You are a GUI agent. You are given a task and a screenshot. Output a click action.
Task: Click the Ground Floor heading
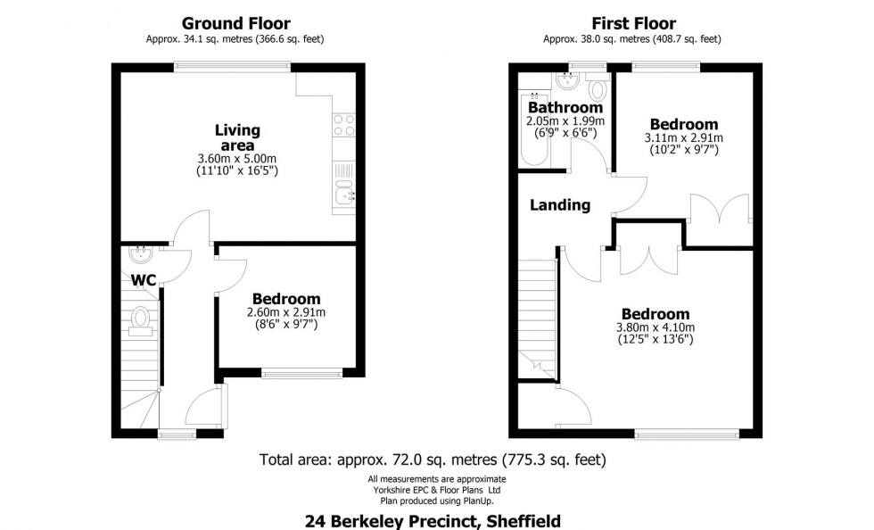pyautogui.click(x=235, y=23)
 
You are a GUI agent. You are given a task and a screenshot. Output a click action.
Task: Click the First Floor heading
pyautogui.click(x=632, y=23)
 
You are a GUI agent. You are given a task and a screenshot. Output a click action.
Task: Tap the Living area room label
pyautogui.click(x=236, y=138)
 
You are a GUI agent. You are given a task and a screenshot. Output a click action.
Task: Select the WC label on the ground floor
pyautogui.click(x=144, y=280)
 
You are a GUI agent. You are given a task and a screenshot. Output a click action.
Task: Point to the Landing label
pyautogui.click(x=560, y=205)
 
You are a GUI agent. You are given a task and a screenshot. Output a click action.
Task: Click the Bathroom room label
pyautogui.click(x=565, y=108)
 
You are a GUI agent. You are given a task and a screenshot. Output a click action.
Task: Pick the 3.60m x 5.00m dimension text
pyautogui.click(x=236, y=159)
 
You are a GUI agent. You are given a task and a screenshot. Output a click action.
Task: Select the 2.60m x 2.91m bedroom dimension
pyautogui.click(x=285, y=312)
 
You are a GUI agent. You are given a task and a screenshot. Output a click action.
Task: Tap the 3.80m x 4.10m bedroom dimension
pyautogui.click(x=655, y=327)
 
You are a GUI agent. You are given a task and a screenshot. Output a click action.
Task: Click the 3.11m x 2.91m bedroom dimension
pyautogui.click(x=683, y=138)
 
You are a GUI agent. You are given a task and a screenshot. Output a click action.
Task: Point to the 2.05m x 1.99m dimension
pyautogui.click(x=565, y=121)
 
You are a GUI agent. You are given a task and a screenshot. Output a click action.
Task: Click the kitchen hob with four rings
pyautogui.click(x=343, y=126)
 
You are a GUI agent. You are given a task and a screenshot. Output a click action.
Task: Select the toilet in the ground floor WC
pyautogui.click(x=140, y=319)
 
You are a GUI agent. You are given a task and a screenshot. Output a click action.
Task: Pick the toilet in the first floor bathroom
pyautogui.click(x=598, y=88)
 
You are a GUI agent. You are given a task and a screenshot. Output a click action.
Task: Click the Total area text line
pyautogui.click(x=433, y=460)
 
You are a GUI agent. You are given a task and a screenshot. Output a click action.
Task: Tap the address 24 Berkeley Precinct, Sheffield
pyautogui.click(x=433, y=519)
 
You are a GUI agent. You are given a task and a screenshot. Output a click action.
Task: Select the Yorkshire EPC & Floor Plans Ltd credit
pyautogui.click(x=435, y=489)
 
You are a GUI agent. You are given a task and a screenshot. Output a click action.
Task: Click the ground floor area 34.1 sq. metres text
pyautogui.click(x=235, y=39)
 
